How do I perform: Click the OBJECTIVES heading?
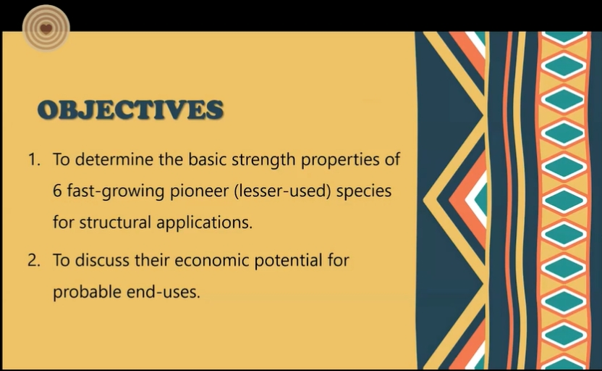click(130, 109)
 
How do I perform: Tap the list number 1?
click(34, 159)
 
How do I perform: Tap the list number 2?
click(34, 260)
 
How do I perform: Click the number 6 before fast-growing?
click(57, 191)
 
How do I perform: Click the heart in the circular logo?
click(46, 28)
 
